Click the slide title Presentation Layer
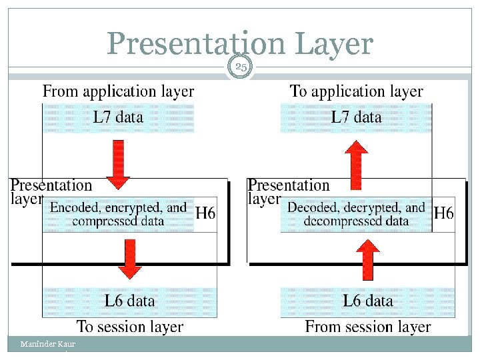[239, 44]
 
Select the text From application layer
[118, 91]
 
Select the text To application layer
[356, 91]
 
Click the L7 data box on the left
[118, 117]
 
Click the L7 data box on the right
[356, 117]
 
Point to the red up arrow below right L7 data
[357, 164]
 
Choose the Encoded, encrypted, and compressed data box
[118, 214]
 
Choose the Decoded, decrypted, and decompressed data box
[356, 214]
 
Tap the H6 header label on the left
[205, 213]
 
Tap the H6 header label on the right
[443, 213]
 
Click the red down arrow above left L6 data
[130, 259]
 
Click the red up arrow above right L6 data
[366, 259]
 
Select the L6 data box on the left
[129, 301]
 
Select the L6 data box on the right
[367, 301]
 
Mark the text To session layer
[130, 327]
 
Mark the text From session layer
[367, 327]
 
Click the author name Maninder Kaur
[47, 344]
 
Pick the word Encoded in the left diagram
[74, 207]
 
